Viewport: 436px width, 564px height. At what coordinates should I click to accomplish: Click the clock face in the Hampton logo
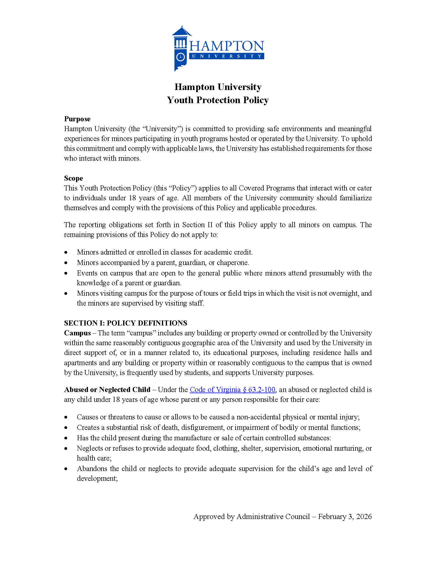pyautogui.click(x=180, y=57)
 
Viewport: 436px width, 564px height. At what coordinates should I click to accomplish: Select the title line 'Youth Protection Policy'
pyautogui.click(x=218, y=100)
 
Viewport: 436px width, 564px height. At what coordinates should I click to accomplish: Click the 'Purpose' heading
pyautogui.click(x=77, y=119)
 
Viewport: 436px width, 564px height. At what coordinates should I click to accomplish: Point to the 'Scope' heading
pyautogui.click(x=73, y=178)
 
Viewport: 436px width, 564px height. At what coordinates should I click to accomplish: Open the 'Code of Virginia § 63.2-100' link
pyautogui.click(x=232, y=390)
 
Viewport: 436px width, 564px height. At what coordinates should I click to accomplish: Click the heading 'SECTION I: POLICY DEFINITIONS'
pyautogui.click(x=126, y=323)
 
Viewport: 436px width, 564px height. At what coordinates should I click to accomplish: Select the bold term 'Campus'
pyautogui.click(x=77, y=333)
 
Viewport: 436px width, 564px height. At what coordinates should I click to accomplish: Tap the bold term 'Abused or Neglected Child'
pyautogui.click(x=107, y=390)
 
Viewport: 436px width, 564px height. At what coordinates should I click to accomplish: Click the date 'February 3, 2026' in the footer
pyautogui.click(x=345, y=517)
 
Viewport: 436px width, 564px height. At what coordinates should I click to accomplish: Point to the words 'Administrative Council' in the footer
pyautogui.click(x=273, y=517)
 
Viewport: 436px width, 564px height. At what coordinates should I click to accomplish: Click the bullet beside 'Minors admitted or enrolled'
pyautogui.click(x=66, y=252)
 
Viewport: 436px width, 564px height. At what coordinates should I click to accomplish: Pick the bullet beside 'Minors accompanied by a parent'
pyautogui.click(x=66, y=263)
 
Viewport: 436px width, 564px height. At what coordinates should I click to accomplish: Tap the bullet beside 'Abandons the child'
pyautogui.click(x=66, y=469)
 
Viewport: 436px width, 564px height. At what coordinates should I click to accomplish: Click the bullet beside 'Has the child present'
pyautogui.click(x=66, y=438)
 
